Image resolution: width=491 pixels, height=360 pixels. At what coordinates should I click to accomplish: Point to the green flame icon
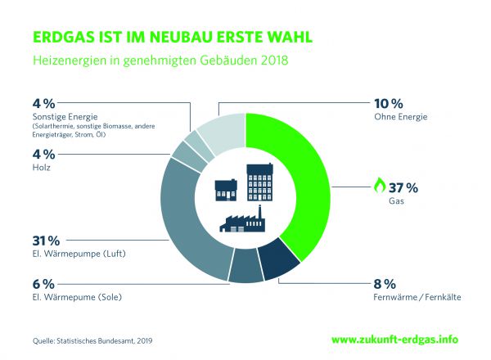(x=379, y=186)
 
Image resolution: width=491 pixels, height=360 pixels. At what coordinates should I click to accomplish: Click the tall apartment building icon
(x=259, y=181)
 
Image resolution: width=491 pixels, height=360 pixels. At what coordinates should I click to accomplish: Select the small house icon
(x=226, y=189)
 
